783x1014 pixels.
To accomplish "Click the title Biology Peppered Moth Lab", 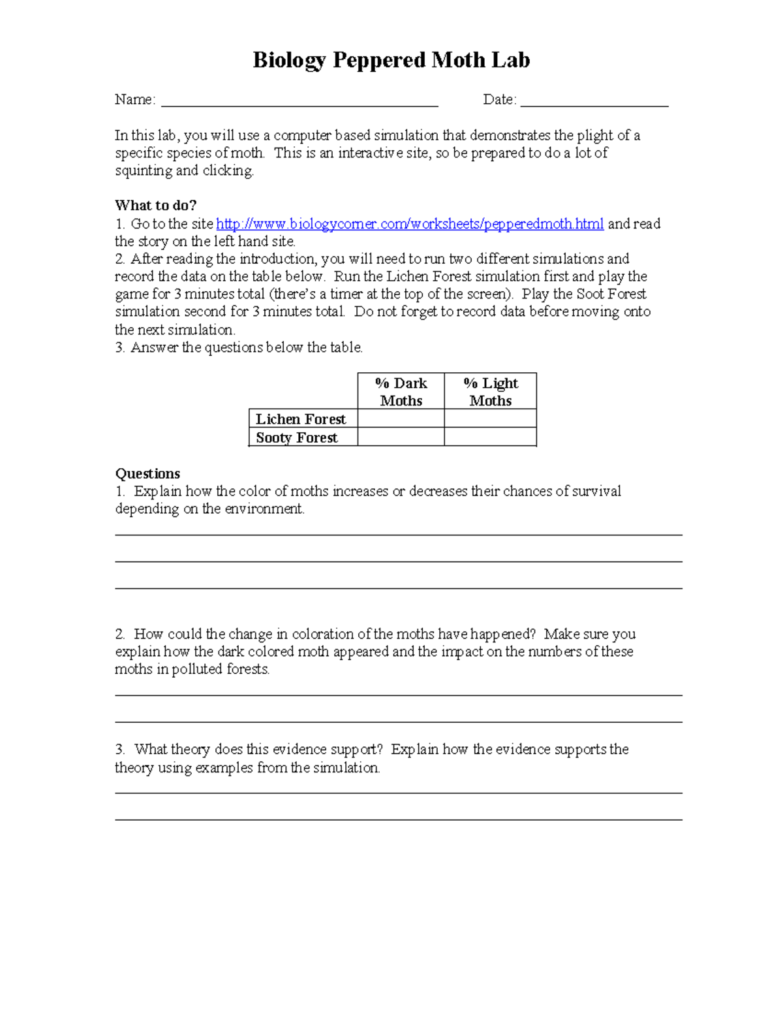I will pyautogui.click(x=391, y=60).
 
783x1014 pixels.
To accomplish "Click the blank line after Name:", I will pyautogui.click(x=299, y=103).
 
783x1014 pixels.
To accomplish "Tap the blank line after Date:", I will pyautogui.click(x=594, y=103).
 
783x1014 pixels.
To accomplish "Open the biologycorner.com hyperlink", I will pyautogui.click(x=409, y=224).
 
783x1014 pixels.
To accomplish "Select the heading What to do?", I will pyautogui.click(x=155, y=206).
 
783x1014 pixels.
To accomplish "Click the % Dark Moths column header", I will pyautogui.click(x=401, y=392).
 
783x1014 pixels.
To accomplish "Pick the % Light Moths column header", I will pyautogui.click(x=490, y=392).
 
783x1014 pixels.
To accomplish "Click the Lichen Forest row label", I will pyautogui.click(x=301, y=419).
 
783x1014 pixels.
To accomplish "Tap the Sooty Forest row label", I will pyautogui.click(x=297, y=437).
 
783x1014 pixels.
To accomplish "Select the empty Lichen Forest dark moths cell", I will pyautogui.click(x=401, y=419).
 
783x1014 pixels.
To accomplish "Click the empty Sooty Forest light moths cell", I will pyautogui.click(x=490, y=437).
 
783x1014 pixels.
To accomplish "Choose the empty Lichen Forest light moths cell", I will pyautogui.click(x=490, y=419).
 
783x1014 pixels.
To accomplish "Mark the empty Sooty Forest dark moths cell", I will pyautogui.click(x=401, y=437).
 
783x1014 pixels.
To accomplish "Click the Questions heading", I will pyautogui.click(x=147, y=473).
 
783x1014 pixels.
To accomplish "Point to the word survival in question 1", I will pyautogui.click(x=596, y=491).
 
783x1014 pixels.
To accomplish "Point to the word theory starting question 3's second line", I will pyautogui.click(x=134, y=768).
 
